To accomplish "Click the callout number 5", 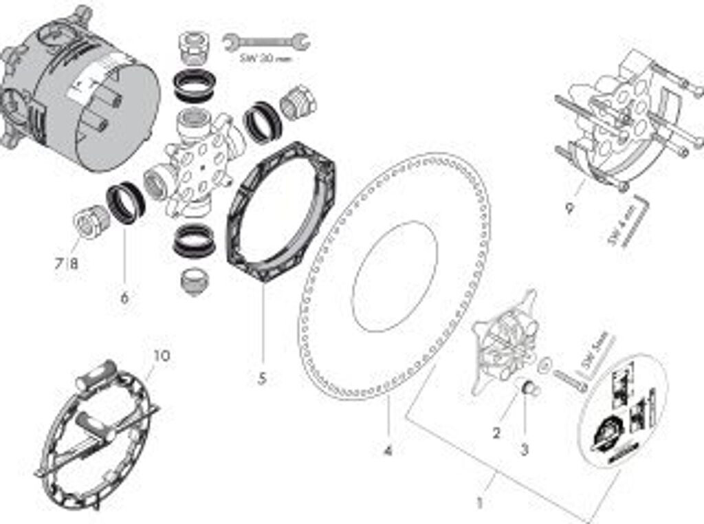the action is (x=262, y=378).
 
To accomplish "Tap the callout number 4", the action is (x=388, y=451).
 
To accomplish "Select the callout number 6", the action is (x=124, y=298).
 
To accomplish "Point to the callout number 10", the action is (x=162, y=356).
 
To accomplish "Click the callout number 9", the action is (x=569, y=207).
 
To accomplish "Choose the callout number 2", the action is (x=496, y=433).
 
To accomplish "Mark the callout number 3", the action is (x=525, y=450).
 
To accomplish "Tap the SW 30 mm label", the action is (x=265, y=59).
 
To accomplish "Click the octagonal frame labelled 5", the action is (x=282, y=210).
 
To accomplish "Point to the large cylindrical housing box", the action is (x=79, y=103).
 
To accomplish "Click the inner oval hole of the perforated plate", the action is (x=395, y=276).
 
